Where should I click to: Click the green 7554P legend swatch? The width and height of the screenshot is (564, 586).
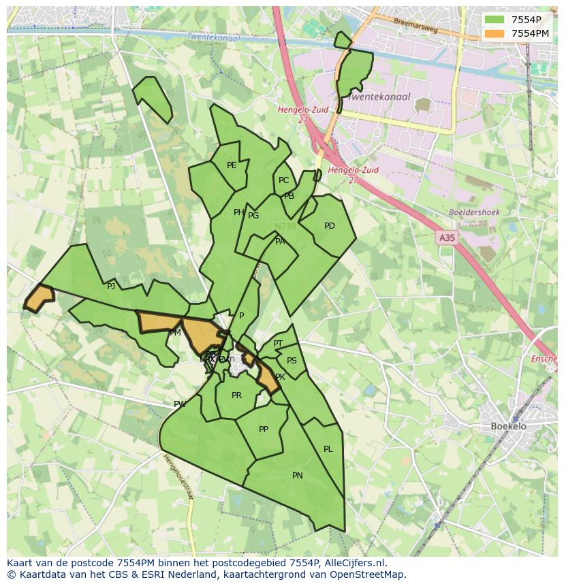point(495,20)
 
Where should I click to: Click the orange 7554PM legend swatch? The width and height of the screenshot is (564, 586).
point(495,33)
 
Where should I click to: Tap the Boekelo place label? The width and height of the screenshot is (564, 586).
point(509,426)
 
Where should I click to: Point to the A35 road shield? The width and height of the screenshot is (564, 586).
point(447,238)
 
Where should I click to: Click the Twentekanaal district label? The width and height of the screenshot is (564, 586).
point(379,97)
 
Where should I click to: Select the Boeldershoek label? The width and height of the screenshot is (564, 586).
point(474,212)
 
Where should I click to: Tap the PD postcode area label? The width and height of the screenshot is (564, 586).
point(330,226)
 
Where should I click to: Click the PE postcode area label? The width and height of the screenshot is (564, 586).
point(232,165)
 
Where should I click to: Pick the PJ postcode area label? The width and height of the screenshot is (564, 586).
point(111,287)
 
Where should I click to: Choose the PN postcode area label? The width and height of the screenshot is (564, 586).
point(298,476)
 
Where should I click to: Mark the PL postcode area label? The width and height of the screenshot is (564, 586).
point(328,449)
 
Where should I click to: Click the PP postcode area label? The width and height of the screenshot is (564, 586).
point(264,429)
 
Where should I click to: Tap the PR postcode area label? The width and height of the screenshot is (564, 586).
point(236,395)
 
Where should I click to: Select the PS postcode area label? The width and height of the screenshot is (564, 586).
point(292,361)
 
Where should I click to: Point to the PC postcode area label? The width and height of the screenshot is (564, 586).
point(283,180)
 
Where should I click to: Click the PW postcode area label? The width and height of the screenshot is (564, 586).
point(180,404)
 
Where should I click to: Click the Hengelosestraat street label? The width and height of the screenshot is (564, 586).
point(178,476)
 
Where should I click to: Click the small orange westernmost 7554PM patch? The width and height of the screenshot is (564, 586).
point(39,297)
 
